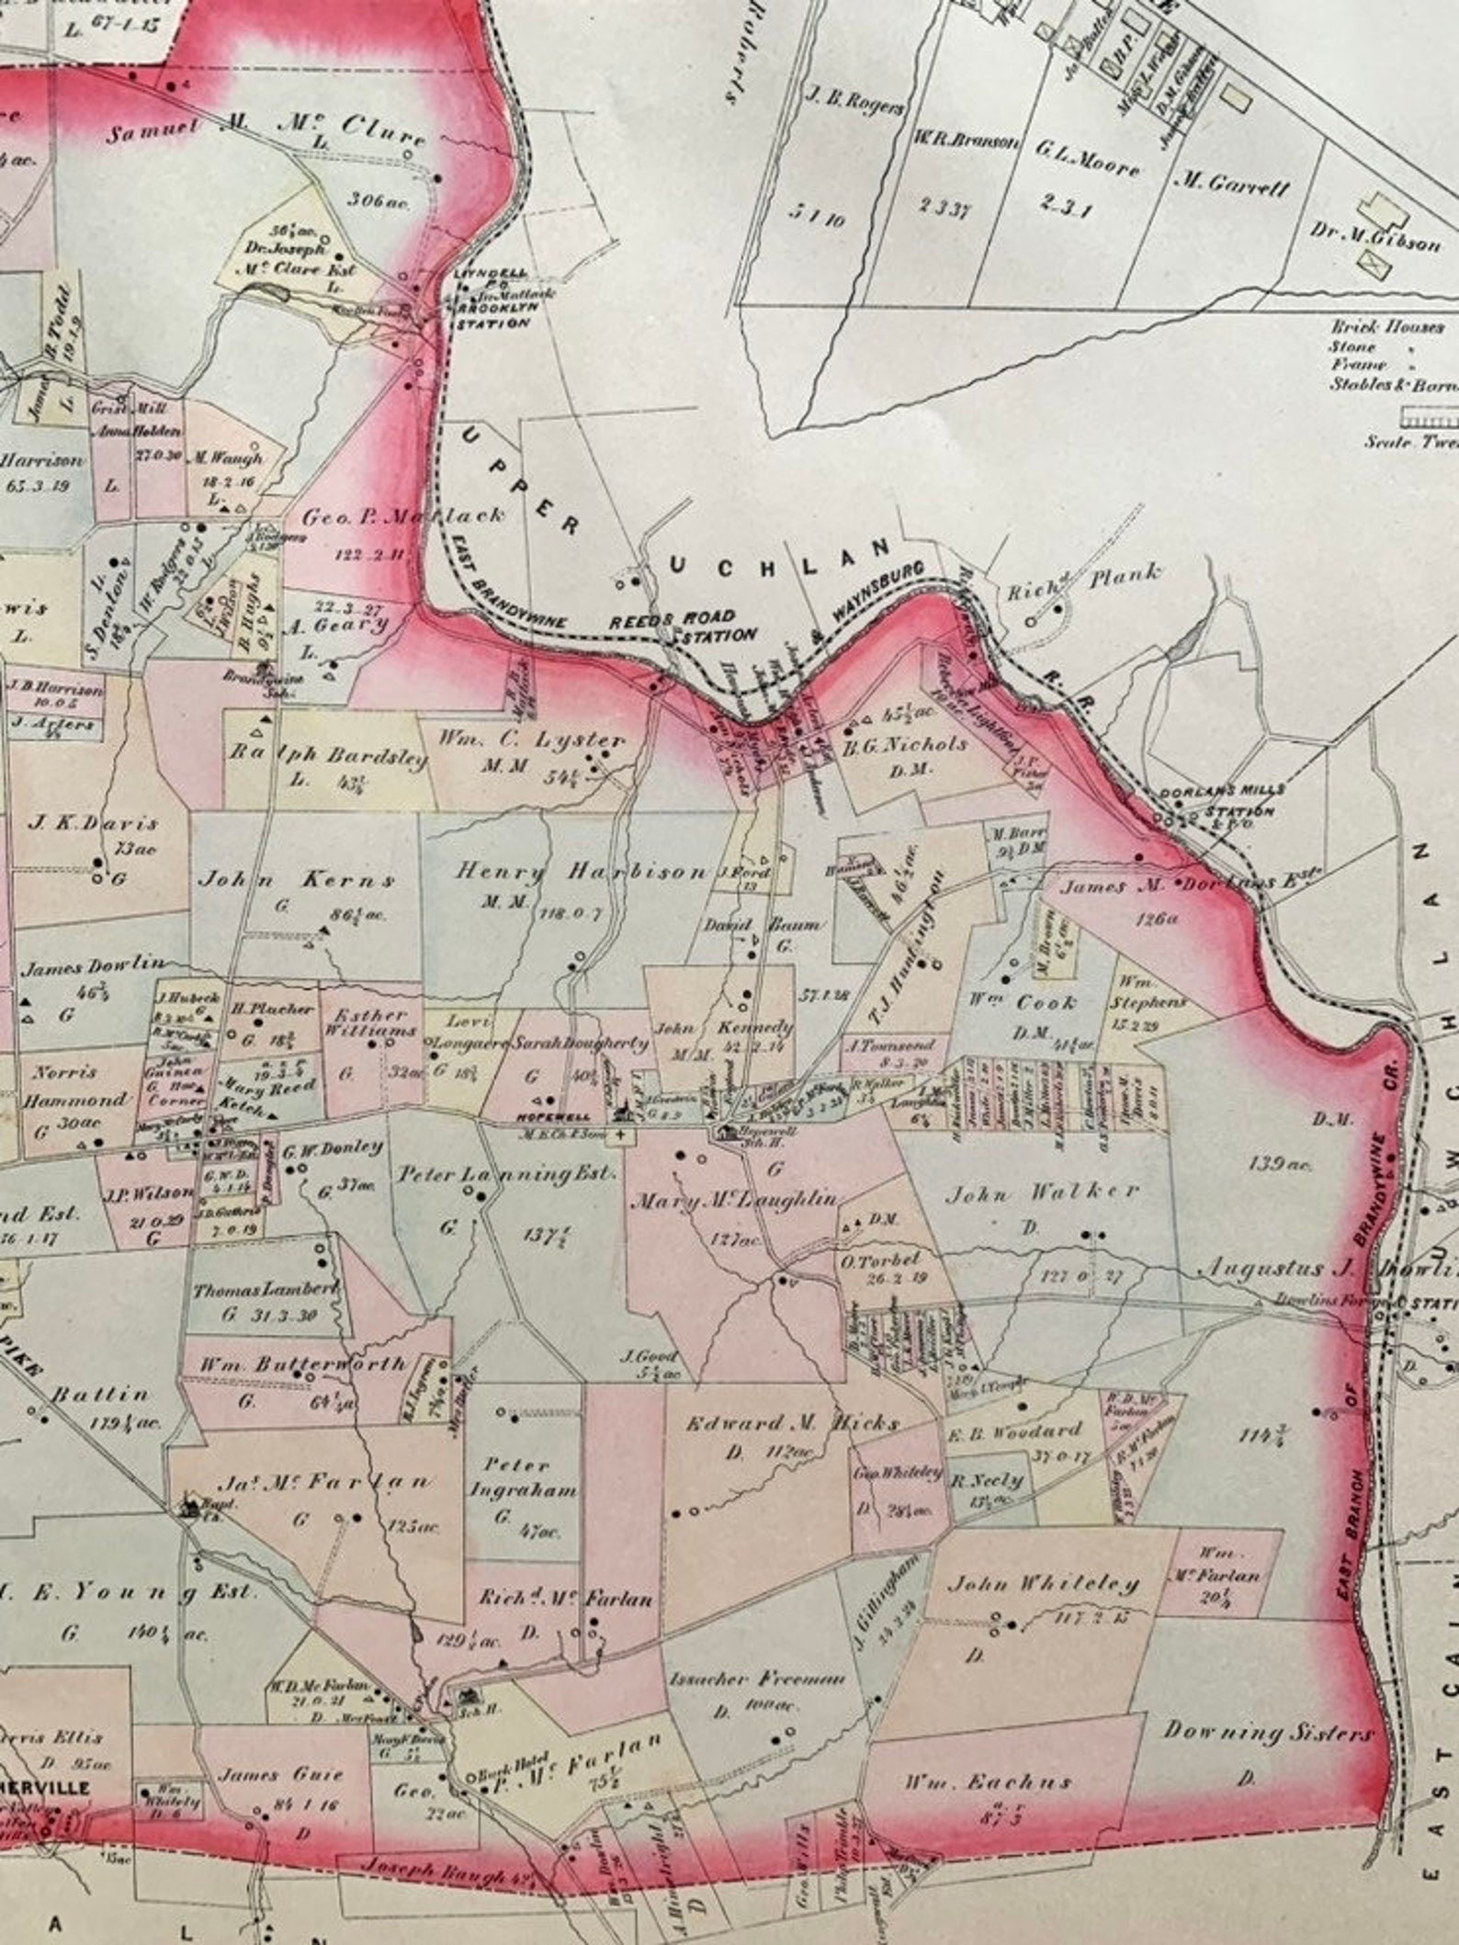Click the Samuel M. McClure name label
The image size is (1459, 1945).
click(266, 131)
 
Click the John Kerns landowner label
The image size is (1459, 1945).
click(296, 879)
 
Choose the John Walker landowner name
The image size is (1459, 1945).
click(1043, 1193)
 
